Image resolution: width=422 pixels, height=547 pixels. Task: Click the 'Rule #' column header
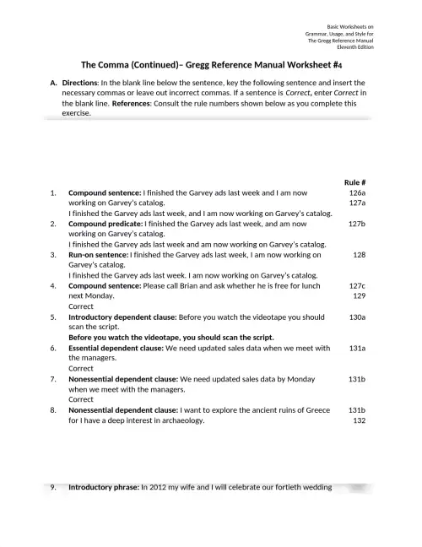click(354, 182)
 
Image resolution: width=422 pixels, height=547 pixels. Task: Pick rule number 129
click(359, 296)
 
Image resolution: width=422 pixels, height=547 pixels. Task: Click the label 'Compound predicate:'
click(105, 224)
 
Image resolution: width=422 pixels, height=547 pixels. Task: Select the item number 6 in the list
click(53, 348)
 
